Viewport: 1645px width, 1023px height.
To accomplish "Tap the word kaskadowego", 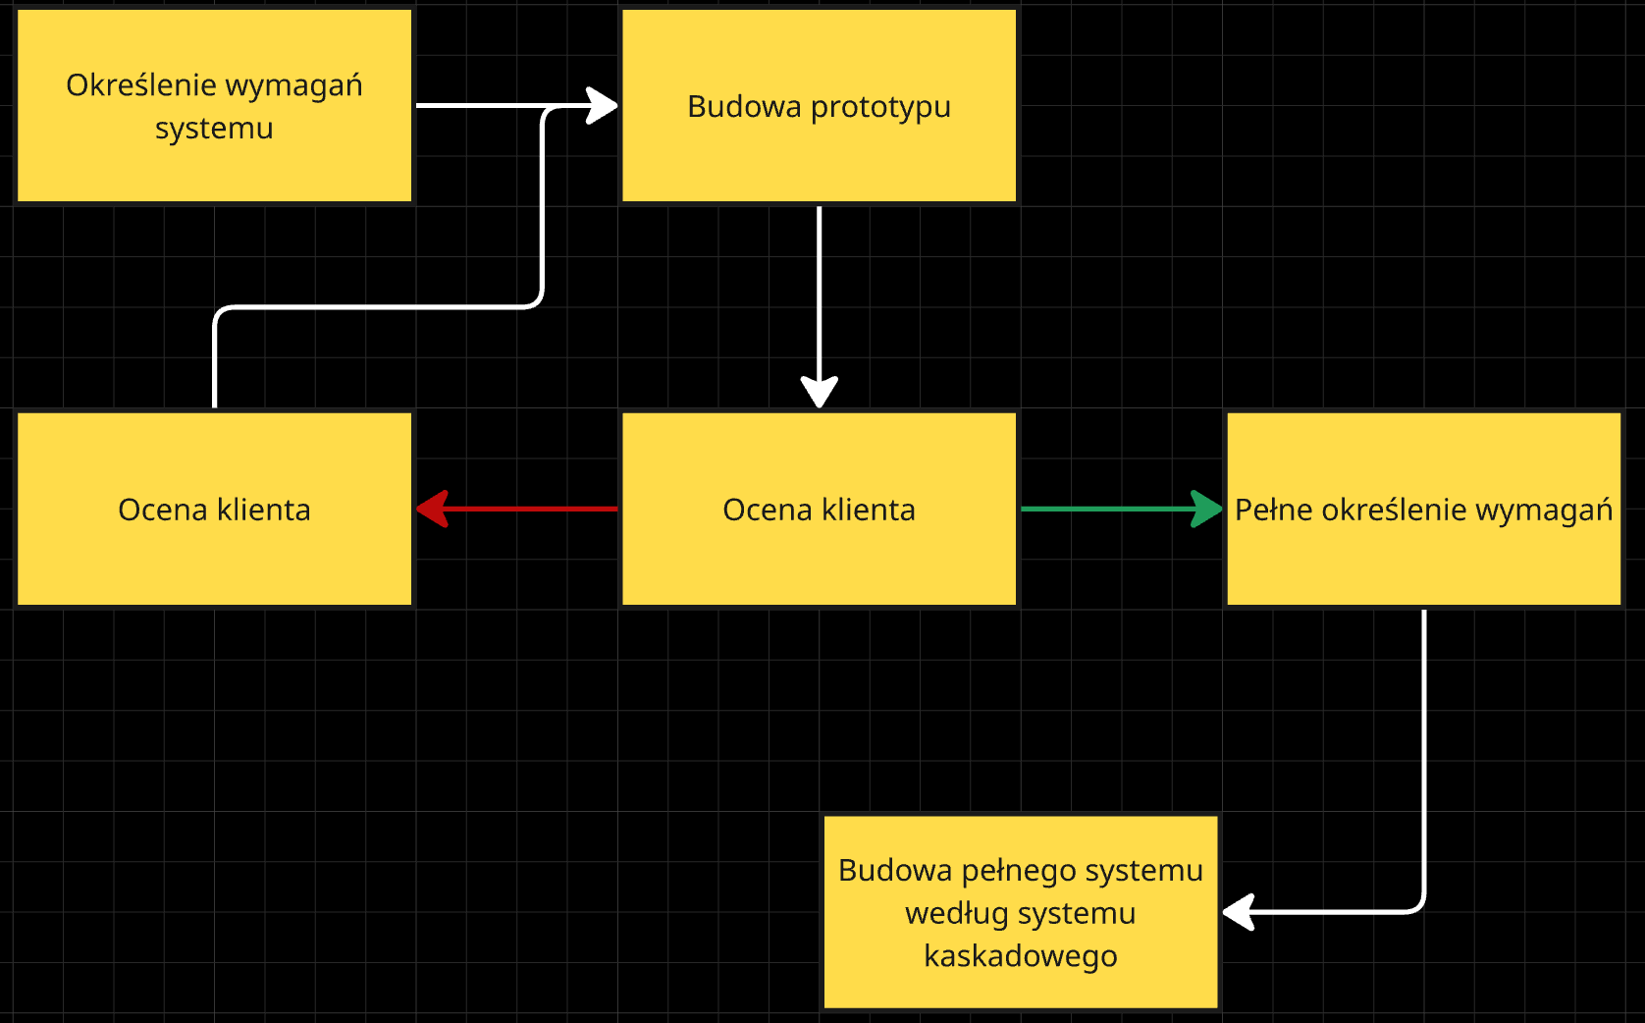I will click(1020, 955).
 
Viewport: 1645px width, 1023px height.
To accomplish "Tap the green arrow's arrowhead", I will click(1206, 509).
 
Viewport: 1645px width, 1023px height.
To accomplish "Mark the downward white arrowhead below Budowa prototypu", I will click(819, 391).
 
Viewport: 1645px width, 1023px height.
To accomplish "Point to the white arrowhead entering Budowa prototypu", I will click(601, 105).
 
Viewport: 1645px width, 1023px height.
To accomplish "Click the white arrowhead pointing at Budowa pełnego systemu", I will click(1239, 912).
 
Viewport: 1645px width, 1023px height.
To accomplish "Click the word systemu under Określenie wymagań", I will click(214, 129).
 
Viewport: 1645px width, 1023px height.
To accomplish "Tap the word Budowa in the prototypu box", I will click(730, 107).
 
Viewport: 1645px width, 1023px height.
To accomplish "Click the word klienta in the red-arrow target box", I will click(263, 510).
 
